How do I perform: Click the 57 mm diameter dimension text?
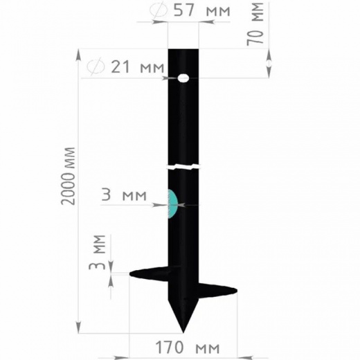pos(202,10)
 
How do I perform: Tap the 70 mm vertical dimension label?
pos(255,24)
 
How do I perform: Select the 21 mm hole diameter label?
pos(138,67)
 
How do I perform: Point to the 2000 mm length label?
pos(68,176)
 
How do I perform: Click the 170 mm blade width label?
pos(188,348)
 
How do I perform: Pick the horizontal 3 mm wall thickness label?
pos(124,195)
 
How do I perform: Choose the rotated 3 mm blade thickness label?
pos(97,253)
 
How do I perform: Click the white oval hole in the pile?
pos(183,78)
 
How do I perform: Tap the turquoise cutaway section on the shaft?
pos(173,204)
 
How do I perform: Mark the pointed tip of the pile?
pos(183,332)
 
